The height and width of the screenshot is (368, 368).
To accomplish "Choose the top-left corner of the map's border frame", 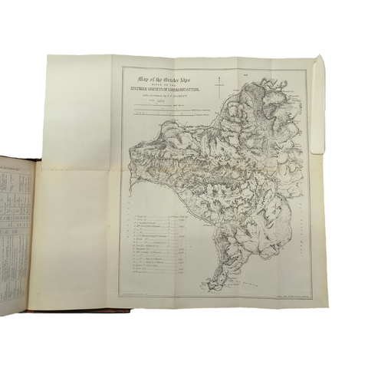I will click(123, 67).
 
